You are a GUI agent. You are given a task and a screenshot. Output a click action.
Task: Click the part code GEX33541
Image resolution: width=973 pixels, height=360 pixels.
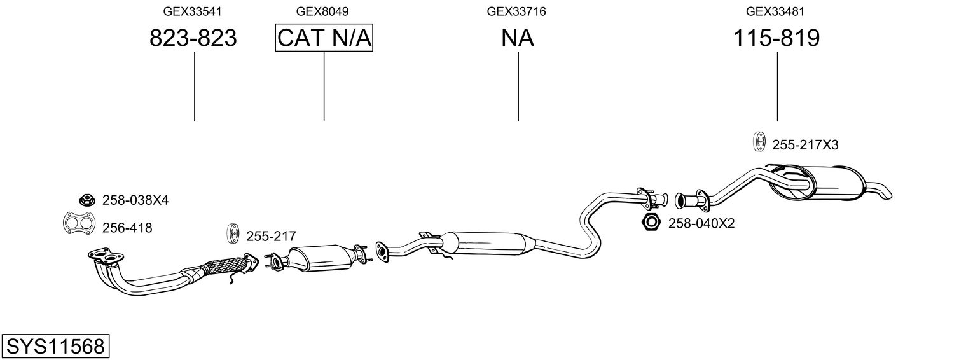tap(193, 11)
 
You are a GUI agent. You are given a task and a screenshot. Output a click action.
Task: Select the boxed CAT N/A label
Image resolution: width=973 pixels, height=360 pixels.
tap(324, 38)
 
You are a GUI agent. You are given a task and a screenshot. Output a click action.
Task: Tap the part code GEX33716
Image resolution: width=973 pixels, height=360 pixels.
tap(516, 11)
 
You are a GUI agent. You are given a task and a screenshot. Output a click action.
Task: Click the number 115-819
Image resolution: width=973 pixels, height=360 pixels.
tap(776, 38)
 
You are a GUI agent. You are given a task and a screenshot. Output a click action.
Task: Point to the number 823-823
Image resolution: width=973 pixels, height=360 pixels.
tap(193, 38)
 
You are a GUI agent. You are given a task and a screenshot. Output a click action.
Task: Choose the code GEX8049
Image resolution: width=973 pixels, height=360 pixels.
tap(322, 11)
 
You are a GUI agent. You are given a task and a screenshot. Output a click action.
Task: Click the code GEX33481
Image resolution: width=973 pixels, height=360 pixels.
tap(775, 11)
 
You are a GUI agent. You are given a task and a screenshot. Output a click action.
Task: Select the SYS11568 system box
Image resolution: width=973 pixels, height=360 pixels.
tap(55, 347)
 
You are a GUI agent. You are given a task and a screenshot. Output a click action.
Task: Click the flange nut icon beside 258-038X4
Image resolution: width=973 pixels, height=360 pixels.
tap(87, 200)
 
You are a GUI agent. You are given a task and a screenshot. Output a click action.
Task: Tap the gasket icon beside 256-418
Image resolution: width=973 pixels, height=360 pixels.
tap(79, 224)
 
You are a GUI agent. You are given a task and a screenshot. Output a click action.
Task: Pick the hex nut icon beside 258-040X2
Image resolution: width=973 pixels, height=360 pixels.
tap(651, 223)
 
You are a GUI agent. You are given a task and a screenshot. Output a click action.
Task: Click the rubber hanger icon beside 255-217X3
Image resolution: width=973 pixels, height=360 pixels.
tap(759, 141)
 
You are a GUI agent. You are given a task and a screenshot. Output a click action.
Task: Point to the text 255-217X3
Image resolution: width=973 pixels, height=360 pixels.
tap(805, 145)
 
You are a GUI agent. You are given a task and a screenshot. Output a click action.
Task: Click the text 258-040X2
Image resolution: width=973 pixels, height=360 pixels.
tap(701, 224)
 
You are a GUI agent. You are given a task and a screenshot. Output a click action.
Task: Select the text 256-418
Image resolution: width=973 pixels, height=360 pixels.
tap(127, 228)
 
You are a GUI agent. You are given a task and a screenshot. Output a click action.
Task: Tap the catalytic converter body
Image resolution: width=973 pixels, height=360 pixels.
tap(320, 258)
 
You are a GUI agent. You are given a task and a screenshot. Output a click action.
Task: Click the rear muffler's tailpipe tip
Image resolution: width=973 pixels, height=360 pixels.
tap(887, 195)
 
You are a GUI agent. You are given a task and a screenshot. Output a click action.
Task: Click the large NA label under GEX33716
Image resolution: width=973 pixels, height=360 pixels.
tap(517, 38)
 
